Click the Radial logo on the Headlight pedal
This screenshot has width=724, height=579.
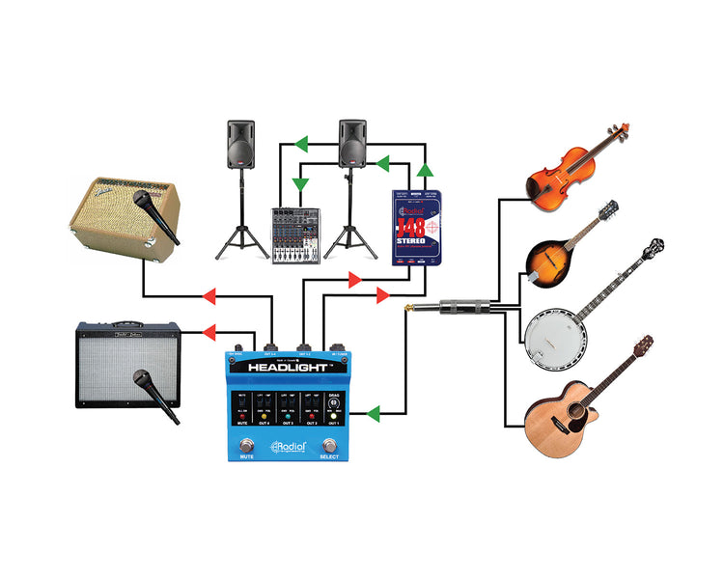(x=291, y=446)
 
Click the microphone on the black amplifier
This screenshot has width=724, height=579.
(x=157, y=395)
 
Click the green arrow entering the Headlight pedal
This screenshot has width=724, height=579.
(x=374, y=414)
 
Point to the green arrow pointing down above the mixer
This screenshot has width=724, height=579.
(x=300, y=182)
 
